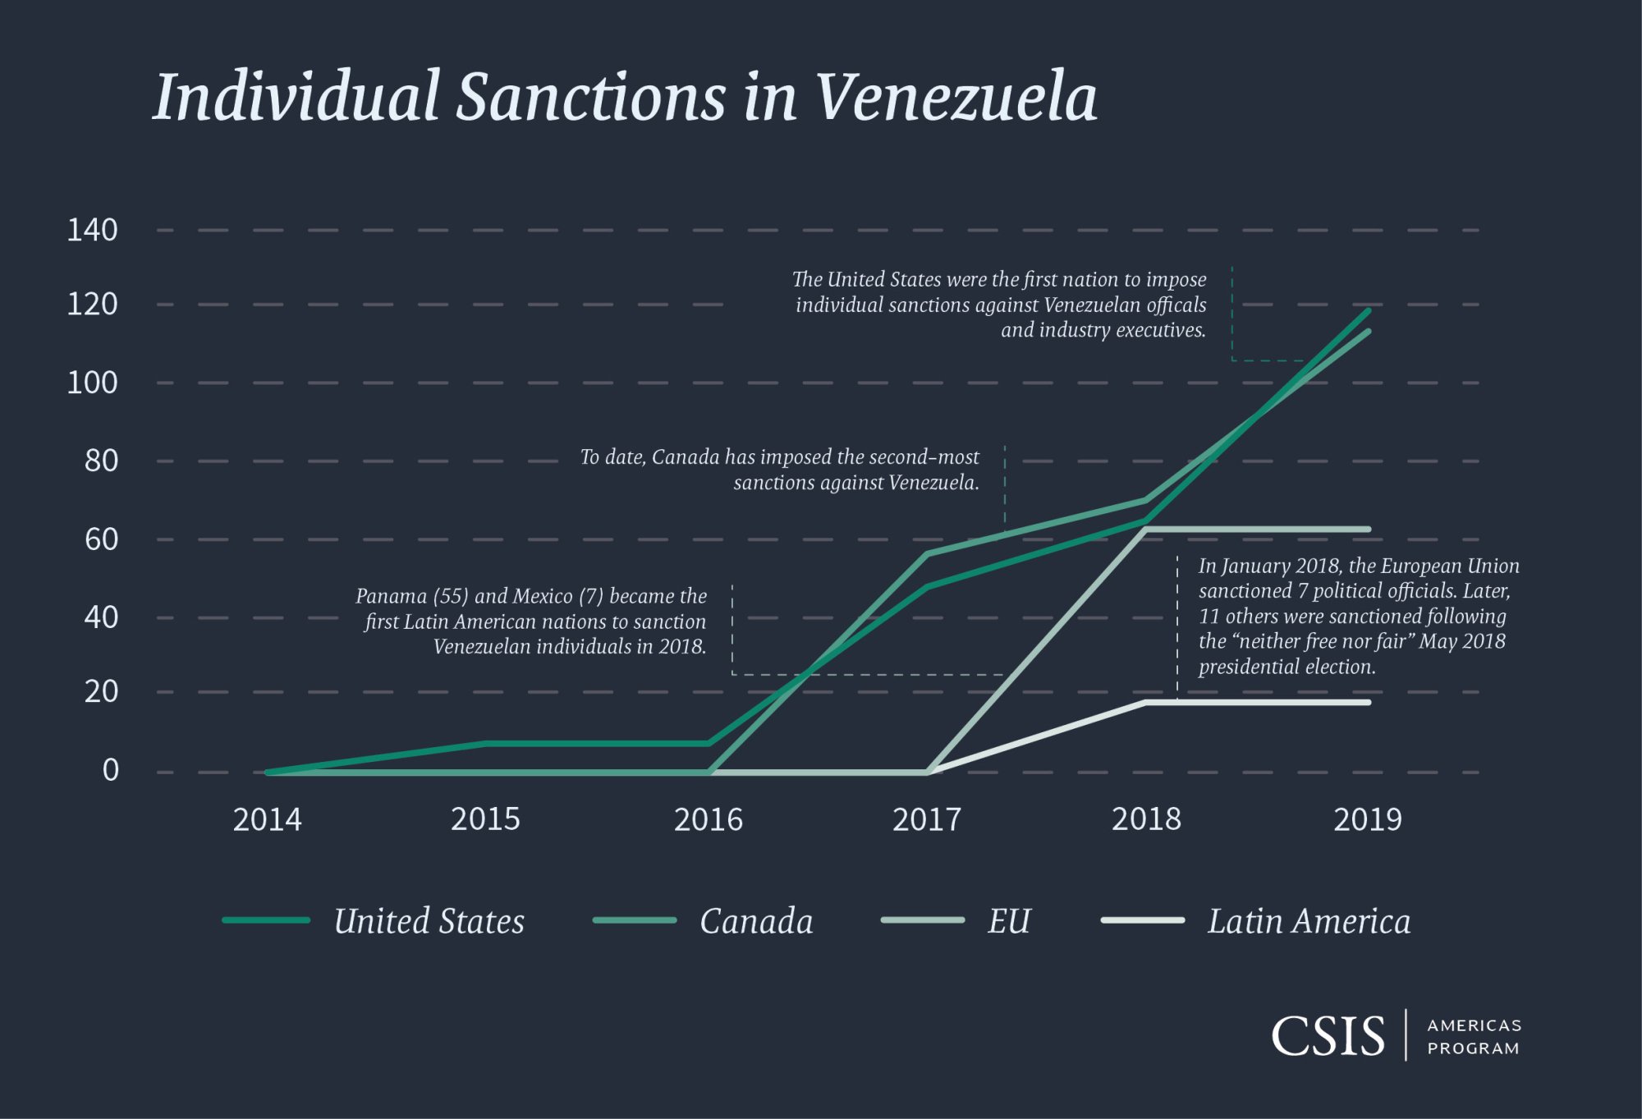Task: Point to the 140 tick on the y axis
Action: [x=92, y=230]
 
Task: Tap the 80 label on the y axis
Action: [x=101, y=461]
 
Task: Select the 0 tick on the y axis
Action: [x=110, y=770]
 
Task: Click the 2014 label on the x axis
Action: [x=267, y=819]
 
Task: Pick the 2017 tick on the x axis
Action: [x=926, y=819]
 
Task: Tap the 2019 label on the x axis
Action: [x=1367, y=819]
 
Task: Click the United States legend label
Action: [x=429, y=921]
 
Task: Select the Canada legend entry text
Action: [x=756, y=921]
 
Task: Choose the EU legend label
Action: [x=1008, y=921]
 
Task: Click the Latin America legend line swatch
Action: [x=1142, y=920]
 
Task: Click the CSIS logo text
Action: [x=1328, y=1036]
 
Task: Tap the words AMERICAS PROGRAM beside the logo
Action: [x=1474, y=1036]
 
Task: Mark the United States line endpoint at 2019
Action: [x=1368, y=311]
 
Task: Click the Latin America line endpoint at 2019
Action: [x=1368, y=703]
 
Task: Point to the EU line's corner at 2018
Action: [x=1146, y=530]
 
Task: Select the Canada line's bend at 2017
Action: [x=927, y=554]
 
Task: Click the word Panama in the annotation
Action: [x=391, y=596]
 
